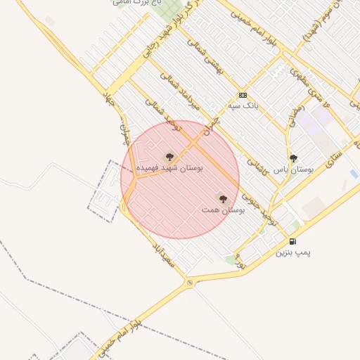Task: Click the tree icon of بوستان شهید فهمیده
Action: coord(169,157)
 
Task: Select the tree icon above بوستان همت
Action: coord(223,199)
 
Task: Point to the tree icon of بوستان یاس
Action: coord(293,158)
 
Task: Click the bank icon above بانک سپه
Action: coord(243,96)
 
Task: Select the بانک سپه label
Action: coord(243,106)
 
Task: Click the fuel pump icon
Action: coord(292,241)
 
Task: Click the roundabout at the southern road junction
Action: coord(189,283)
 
